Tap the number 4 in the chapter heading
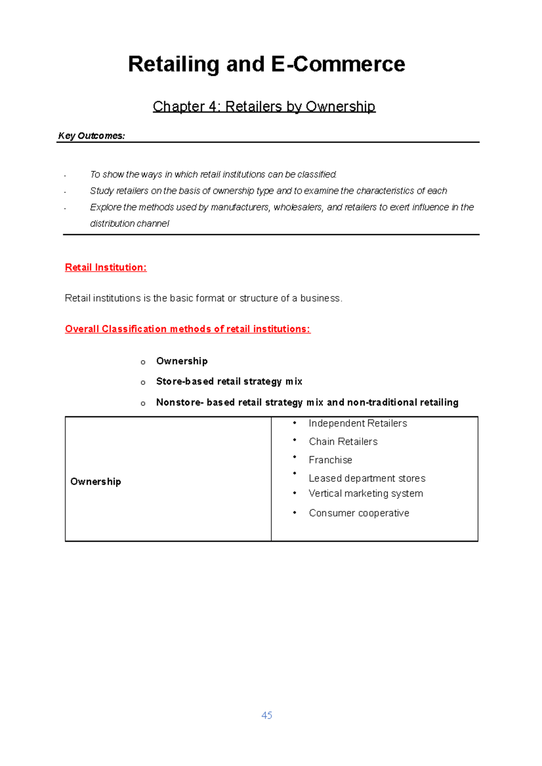pyautogui.click(x=212, y=106)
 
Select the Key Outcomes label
pyautogui.click(x=91, y=136)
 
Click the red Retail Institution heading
pyautogui.click(x=106, y=268)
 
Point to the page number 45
pyautogui.click(x=266, y=715)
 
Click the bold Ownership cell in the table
pyautogui.click(x=96, y=482)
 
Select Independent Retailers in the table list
pyautogui.click(x=358, y=423)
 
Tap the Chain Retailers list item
pyautogui.click(x=343, y=442)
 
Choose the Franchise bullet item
pyautogui.click(x=330, y=460)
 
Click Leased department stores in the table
pyautogui.click(x=367, y=478)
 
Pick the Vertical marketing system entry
pyautogui.click(x=366, y=494)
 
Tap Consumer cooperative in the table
pyautogui.click(x=359, y=513)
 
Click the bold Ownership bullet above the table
pyautogui.click(x=182, y=361)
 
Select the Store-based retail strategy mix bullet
pyautogui.click(x=229, y=382)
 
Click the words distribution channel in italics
pyautogui.click(x=130, y=224)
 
